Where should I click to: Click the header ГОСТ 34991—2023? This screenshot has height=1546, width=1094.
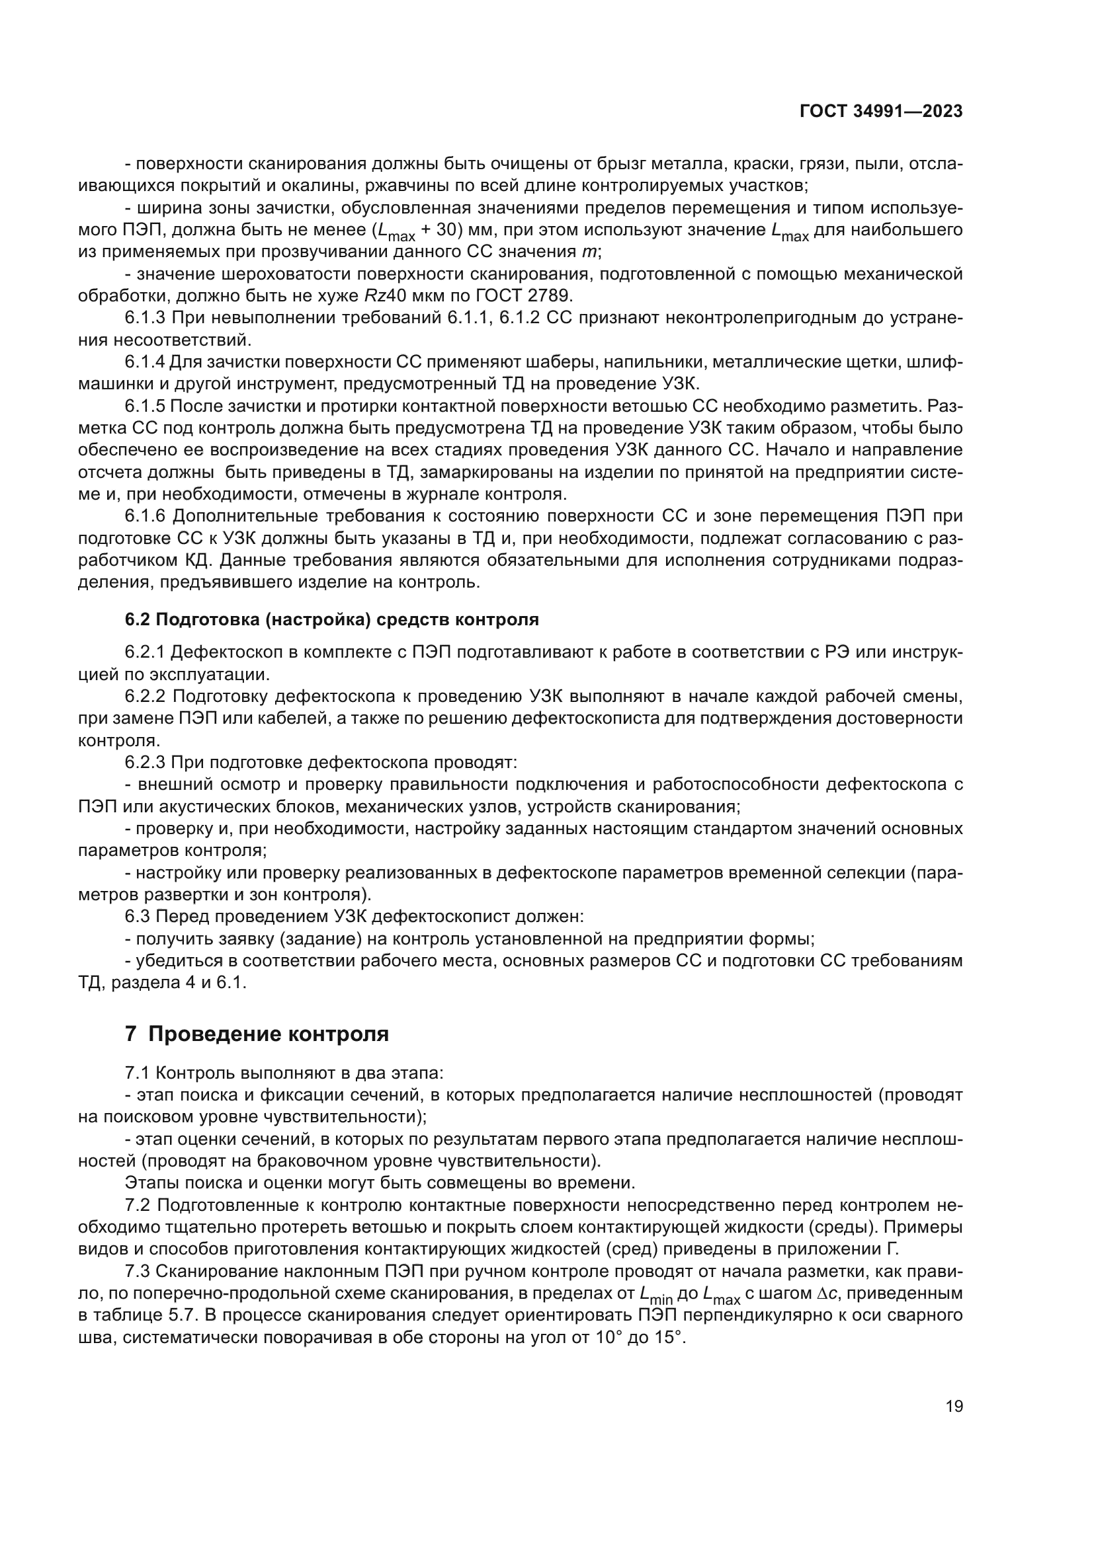point(880,112)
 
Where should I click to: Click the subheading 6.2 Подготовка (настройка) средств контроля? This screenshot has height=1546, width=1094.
point(331,619)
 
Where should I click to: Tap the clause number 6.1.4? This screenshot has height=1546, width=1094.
point(145,362)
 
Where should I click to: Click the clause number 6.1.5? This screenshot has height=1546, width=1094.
point(145,406)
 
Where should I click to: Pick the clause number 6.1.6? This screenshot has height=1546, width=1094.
point(145,516)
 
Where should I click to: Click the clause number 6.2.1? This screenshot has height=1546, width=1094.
point(145,652)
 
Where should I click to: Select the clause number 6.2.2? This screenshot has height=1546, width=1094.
point(145,695)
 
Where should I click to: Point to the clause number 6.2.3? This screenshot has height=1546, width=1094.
point(145,762)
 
